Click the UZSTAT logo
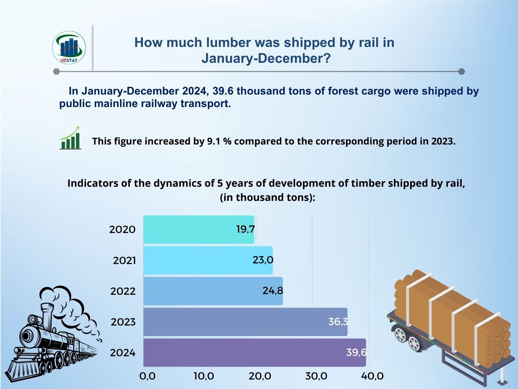[x=69, y=48]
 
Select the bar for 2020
[x=198, y=230]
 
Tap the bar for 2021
[x=208, y=260]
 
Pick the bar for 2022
[x=213, y=291]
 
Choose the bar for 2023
[x=245, y=322]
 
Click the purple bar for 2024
[x=254, y=353]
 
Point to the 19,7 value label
[x=245, y=230]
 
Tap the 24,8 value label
[x=273, y=291]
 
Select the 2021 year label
[x=124, y=261]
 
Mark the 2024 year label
[x=123, y=353]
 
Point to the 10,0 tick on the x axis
[x=204, y=376]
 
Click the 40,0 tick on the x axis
[x=372, y=376]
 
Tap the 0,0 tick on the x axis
[x=147, y=376]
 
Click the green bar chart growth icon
[x=70, y=138]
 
